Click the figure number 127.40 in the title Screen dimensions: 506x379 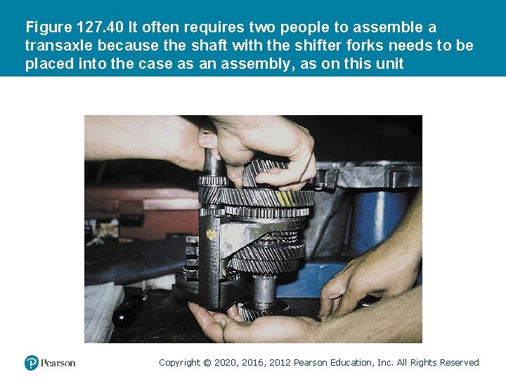(x=100, y=27)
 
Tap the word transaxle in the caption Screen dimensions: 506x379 (x=59, y=46)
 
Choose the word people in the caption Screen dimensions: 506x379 (x=304, y=28)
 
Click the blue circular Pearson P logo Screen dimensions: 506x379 (x=32, y=363)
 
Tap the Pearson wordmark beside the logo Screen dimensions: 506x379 (x=58, y=364)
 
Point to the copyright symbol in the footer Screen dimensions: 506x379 (x=207, y=363)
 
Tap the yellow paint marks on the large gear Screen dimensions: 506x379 (x=285, y=198)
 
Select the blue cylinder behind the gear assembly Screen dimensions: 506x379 (x=379, y=222)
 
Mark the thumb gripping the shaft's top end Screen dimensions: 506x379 (x=208, y=140)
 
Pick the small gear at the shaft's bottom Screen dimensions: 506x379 (x=263, y=310)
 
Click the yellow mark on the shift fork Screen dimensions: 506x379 (x=211, y=234)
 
